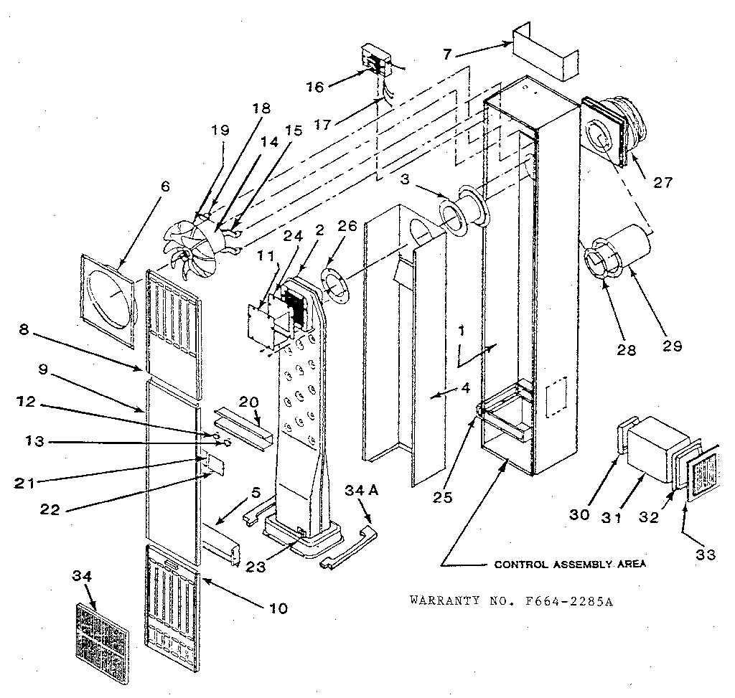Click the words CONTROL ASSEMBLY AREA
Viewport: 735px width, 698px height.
point(570,564)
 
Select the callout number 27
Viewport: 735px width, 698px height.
point(663,182)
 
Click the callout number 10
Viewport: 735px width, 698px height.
point(278,608)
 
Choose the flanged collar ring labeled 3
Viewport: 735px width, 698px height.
point(463,212)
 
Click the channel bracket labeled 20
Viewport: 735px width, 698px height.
point(244,426)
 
